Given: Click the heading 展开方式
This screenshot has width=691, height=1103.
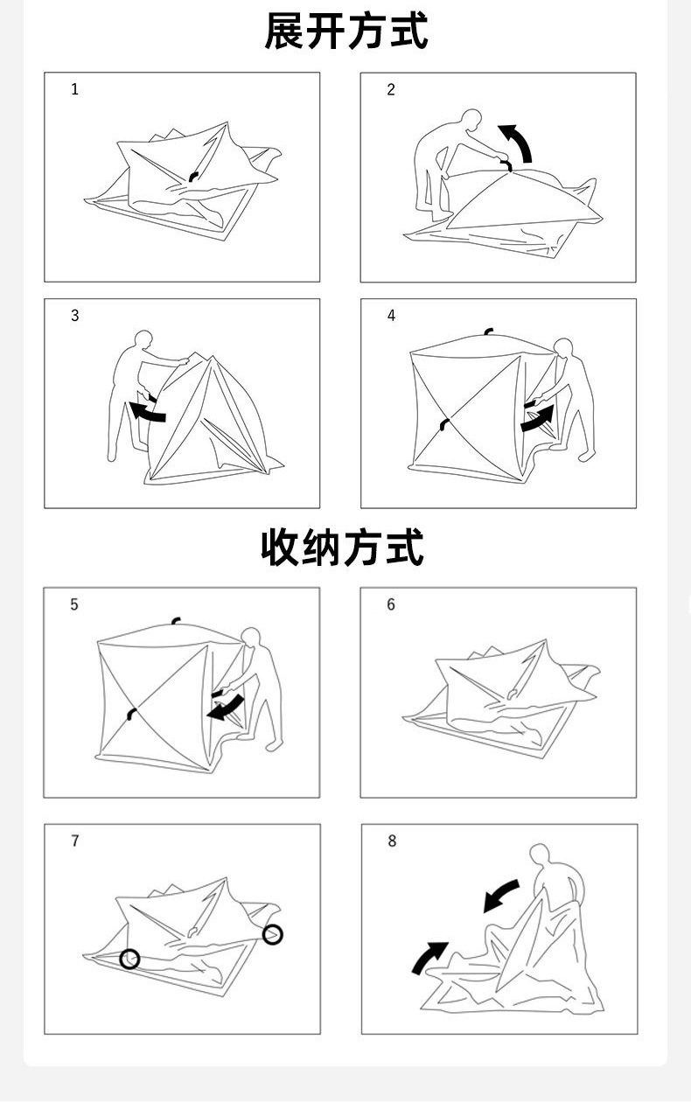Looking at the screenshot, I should point(345,31).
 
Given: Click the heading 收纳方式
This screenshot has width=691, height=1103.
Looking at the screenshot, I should point(343,547).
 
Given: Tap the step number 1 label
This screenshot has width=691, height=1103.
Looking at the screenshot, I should point(74,89).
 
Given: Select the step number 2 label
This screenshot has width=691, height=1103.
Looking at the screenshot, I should point(391,89).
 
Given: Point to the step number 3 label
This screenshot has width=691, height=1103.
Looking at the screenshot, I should point(74,316).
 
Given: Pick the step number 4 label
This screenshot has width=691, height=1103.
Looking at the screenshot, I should point(391,316).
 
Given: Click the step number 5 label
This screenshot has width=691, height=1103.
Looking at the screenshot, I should point(74,604).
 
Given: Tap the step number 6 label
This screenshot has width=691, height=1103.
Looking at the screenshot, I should point(391,604).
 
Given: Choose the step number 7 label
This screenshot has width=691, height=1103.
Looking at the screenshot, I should point(74,841).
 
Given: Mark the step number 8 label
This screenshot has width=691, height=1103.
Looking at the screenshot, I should point(392,841).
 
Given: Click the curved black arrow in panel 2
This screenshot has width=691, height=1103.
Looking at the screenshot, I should point(518,141).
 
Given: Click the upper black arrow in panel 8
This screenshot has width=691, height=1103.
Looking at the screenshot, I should point(501,896).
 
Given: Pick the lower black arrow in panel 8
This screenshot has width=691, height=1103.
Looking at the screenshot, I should point(429,956).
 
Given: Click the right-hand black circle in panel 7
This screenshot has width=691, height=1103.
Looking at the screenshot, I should point(273,934).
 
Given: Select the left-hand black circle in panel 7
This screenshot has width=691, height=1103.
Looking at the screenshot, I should point(129,959).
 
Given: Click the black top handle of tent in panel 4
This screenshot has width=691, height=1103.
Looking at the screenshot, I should point(488,332).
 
